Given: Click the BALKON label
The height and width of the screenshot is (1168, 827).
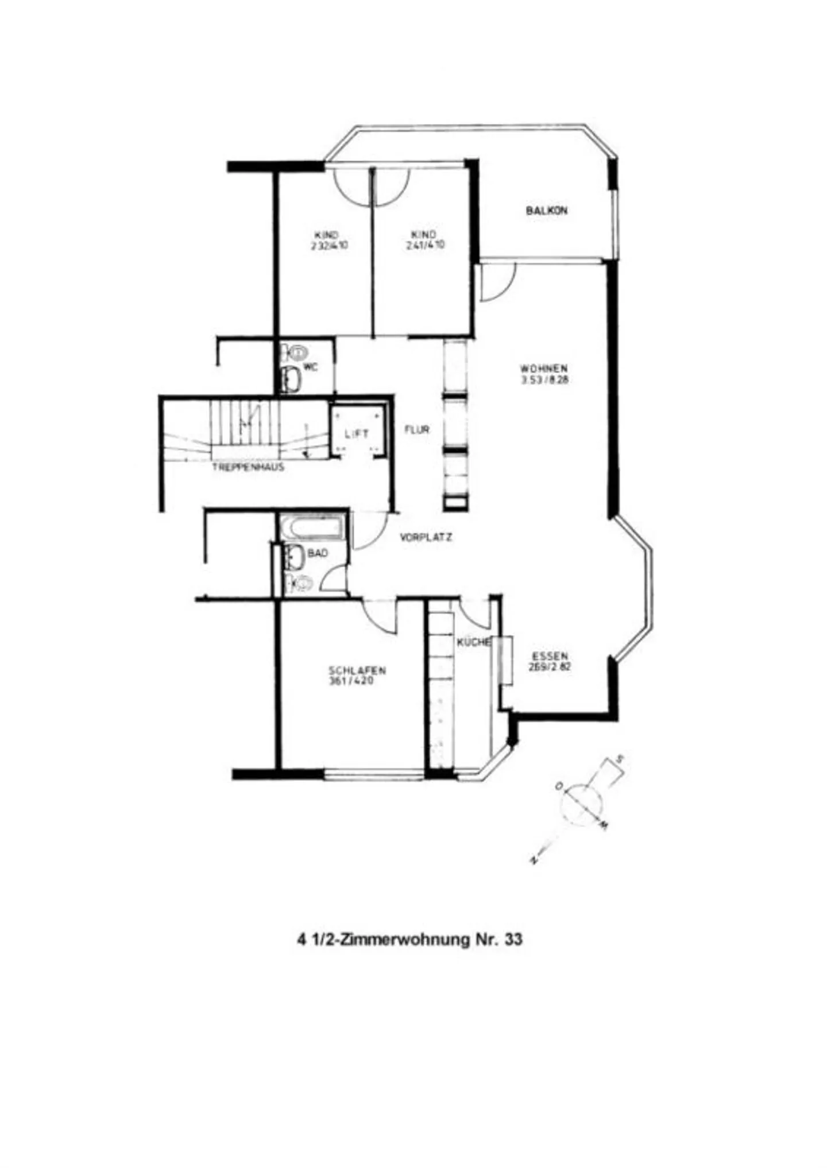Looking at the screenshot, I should coord(546,211).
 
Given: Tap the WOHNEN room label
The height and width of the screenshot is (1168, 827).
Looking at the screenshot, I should coord(544,368).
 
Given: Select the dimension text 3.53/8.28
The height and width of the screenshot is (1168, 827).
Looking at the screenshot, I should coord(544,380).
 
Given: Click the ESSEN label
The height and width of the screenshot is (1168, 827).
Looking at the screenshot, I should coord(550,656).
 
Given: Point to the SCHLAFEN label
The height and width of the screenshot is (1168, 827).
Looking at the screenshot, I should coord(357,670).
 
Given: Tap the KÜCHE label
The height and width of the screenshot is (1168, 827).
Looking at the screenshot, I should coord(474,642).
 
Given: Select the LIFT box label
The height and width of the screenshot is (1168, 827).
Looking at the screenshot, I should coord(357,434).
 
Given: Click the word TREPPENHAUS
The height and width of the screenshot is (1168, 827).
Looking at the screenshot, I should coord(248,467).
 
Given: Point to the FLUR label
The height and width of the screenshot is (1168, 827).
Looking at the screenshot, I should coord(417,429).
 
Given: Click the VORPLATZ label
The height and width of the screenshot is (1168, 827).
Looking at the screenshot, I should coord(426,538).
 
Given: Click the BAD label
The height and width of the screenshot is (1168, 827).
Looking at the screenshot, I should coord(318,553).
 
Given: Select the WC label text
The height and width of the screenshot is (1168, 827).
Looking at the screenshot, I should coord(310,367).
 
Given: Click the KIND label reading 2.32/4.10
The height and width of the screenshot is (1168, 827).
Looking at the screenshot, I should coord(329,240).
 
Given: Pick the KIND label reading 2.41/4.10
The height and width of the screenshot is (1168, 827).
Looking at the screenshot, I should coord(424,240).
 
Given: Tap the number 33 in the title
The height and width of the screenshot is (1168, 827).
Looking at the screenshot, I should coord(513,940).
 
